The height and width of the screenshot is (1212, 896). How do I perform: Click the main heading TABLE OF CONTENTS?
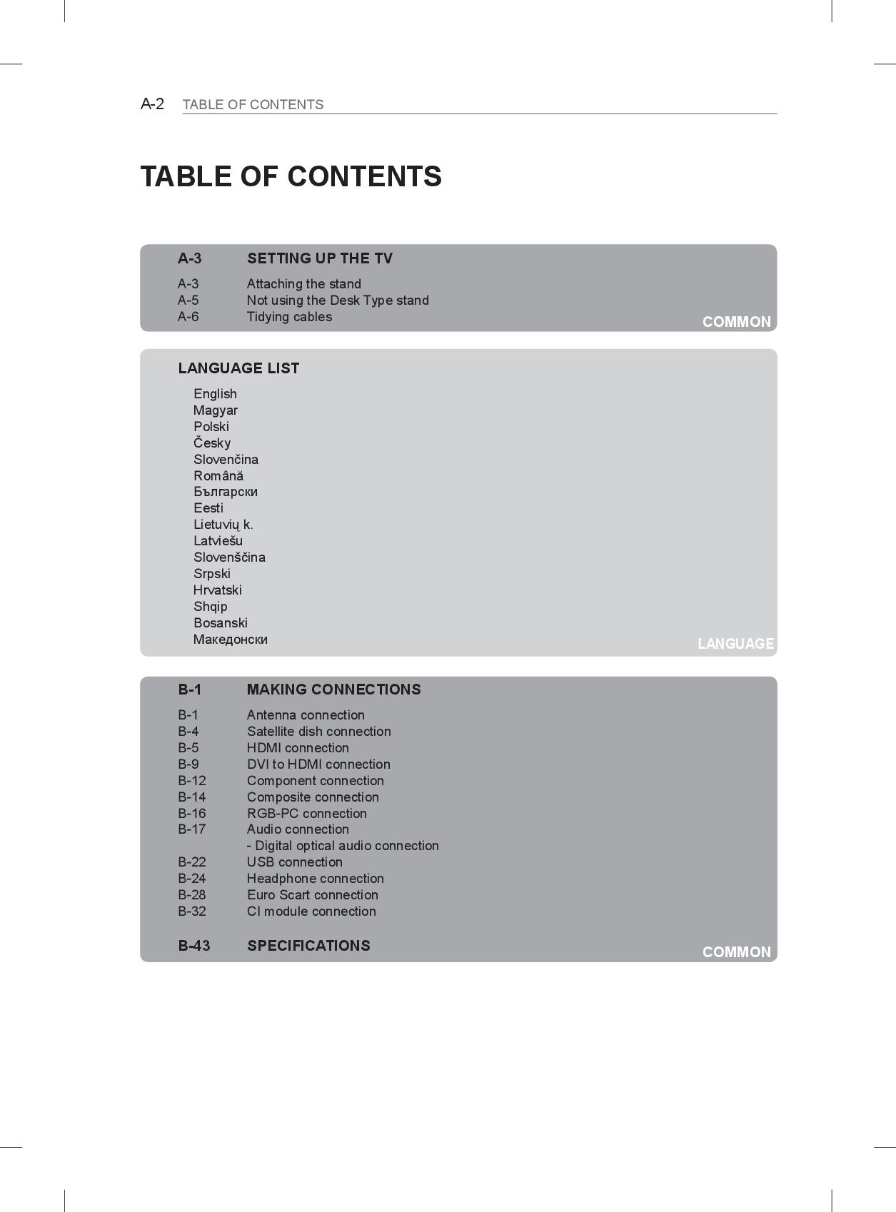291,176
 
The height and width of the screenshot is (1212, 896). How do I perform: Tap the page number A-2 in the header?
152,104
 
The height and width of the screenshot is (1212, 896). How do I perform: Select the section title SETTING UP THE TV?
319,258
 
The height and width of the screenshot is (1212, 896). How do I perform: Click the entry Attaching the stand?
303,284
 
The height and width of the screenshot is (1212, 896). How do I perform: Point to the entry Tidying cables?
289,317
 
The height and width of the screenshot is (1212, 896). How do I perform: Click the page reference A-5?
188,301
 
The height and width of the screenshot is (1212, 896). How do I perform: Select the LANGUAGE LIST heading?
238,368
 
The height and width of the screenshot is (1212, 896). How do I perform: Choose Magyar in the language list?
215,410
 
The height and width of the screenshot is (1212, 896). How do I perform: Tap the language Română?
218,476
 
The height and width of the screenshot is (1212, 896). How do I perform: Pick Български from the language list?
225,492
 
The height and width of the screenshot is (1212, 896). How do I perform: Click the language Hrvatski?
217,590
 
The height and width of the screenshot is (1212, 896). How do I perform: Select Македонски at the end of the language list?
230,640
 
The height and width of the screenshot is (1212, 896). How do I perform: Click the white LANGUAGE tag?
735,644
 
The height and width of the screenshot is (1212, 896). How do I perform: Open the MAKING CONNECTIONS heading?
333,690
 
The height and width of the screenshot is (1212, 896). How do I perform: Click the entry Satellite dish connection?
318,732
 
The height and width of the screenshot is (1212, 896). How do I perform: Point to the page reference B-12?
191,781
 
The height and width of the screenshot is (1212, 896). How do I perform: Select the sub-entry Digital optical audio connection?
343,846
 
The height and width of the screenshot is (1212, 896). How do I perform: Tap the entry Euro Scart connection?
312,895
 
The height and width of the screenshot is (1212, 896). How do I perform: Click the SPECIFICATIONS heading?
308,946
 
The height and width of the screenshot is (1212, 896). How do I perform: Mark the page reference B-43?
193,946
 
